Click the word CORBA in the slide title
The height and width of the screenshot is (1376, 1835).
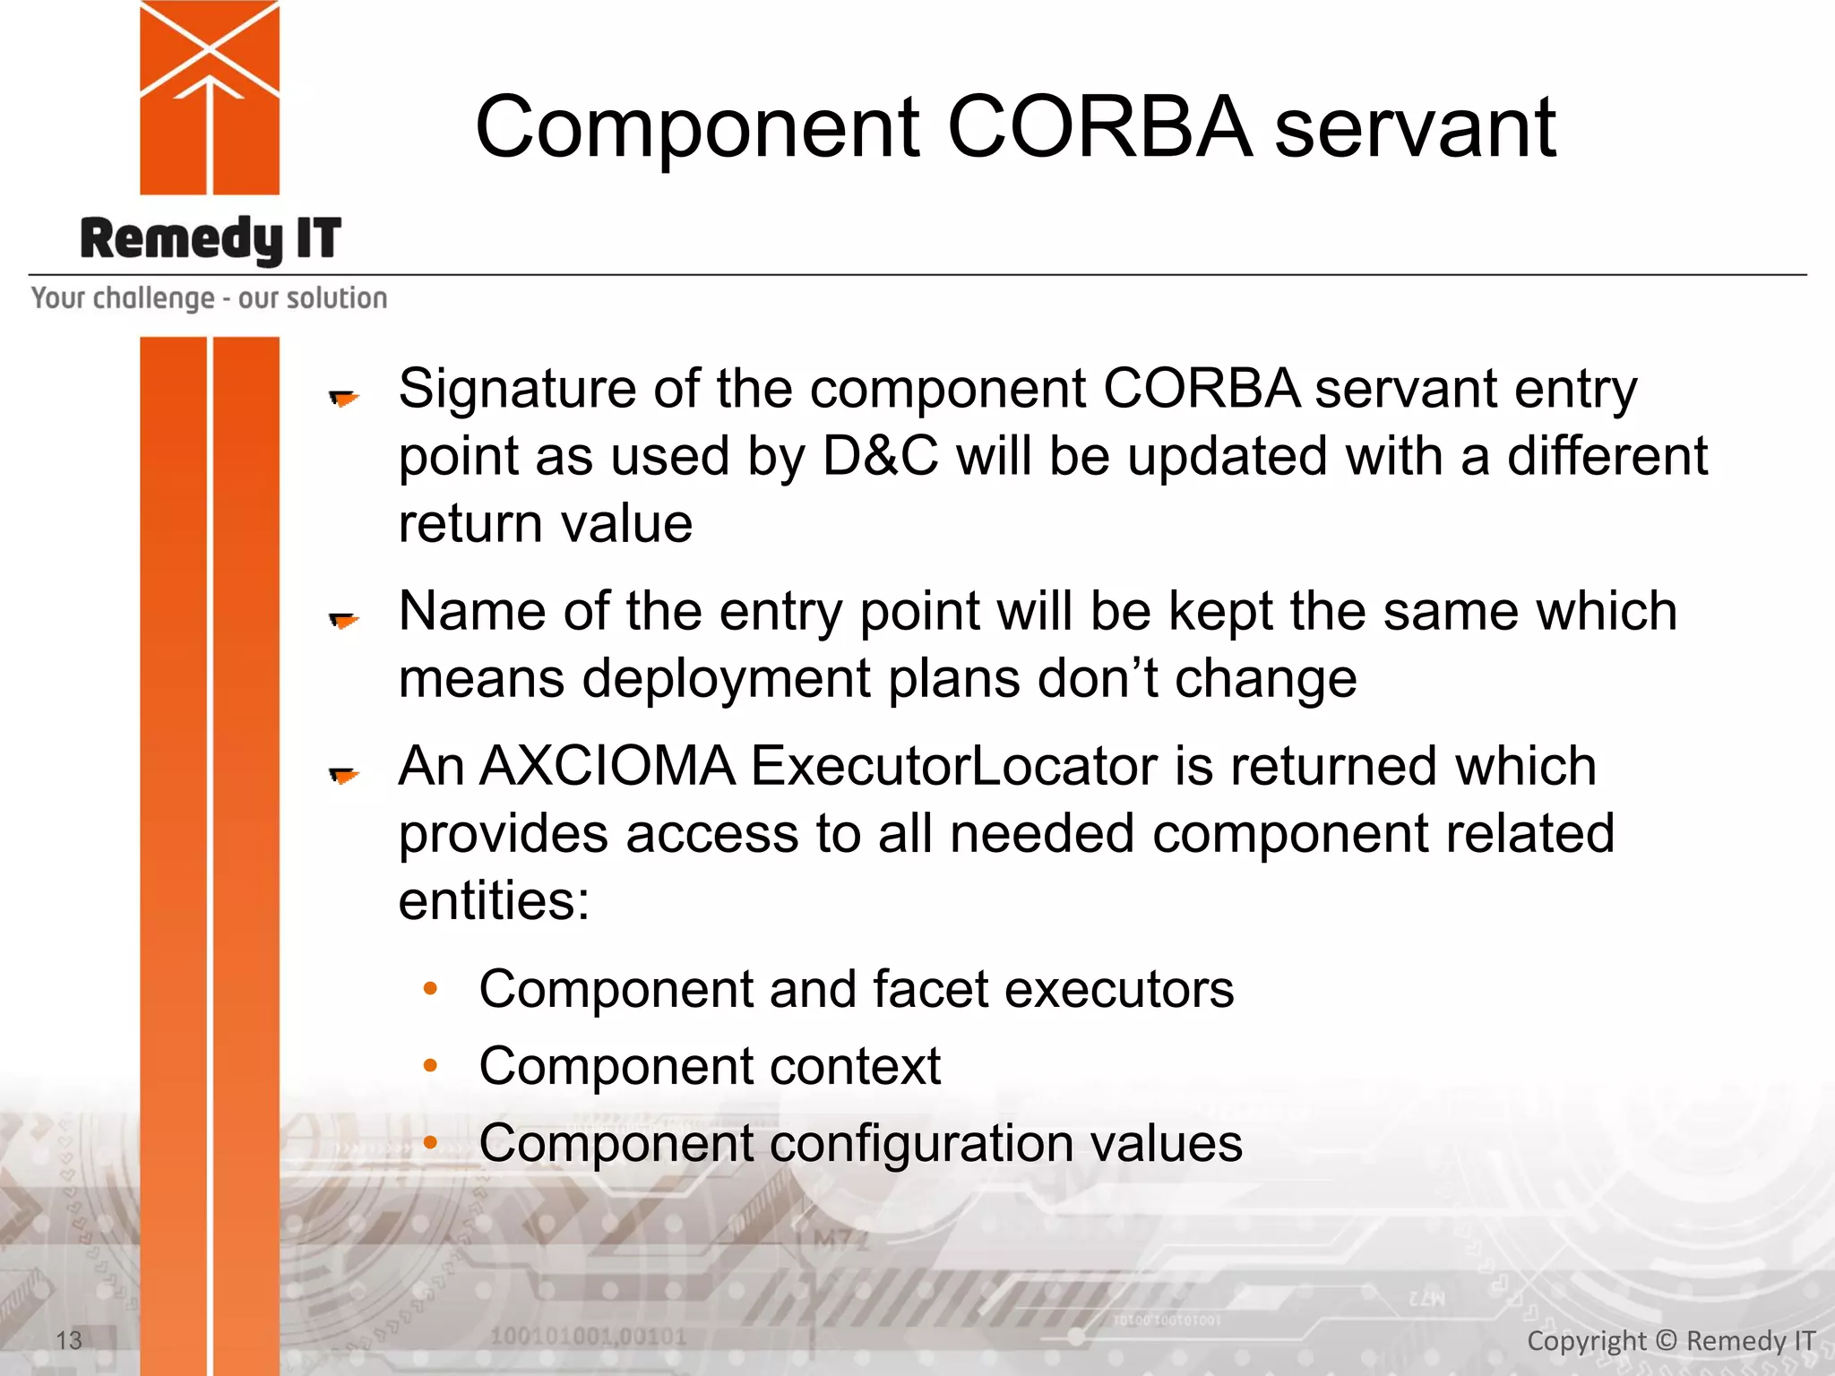click(1098, 128)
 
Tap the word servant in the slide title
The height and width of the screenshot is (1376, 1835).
click(1415, 128)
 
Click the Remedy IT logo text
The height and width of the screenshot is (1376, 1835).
click(211, 239)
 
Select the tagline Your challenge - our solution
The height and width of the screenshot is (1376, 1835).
click(209, 297)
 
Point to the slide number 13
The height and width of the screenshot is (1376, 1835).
click(69, 1340)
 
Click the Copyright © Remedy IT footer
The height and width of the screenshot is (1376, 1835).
click(1670, 1340)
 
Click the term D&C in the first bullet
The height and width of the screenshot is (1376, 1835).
click(880, 457)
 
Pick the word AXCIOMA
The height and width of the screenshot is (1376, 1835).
click(607, 767)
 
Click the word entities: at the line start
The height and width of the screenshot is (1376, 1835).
click(494, 901)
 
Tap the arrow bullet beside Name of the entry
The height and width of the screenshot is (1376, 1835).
click(343, 619)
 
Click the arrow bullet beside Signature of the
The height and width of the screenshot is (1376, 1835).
click(343, 397)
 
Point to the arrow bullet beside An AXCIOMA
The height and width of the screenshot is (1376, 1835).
click(343, 774)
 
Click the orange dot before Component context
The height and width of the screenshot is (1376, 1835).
click(430, 1066)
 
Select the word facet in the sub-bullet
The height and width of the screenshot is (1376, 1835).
click(929, 990)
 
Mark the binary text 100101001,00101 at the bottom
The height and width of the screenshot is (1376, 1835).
click(588, 1337)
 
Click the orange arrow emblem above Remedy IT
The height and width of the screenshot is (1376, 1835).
click(210, 97)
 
